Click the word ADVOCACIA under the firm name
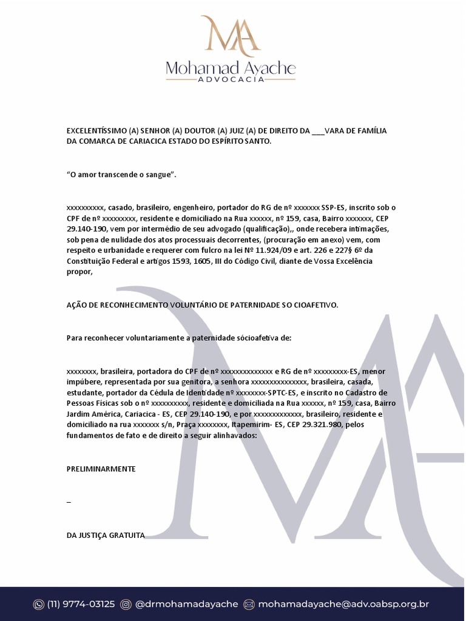tap(231, 79)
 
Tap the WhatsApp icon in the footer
tap(39, 604)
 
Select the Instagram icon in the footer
tap(126, 604)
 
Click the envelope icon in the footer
tap(249, 604)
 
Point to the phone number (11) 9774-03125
tap(81, 604)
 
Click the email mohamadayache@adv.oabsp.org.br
tap(343, 604)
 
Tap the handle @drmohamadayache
tap(186, 604)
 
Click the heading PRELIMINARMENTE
tap(101, 469)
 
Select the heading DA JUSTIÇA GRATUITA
tap(106, 535)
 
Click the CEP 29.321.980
tap(323, 425)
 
